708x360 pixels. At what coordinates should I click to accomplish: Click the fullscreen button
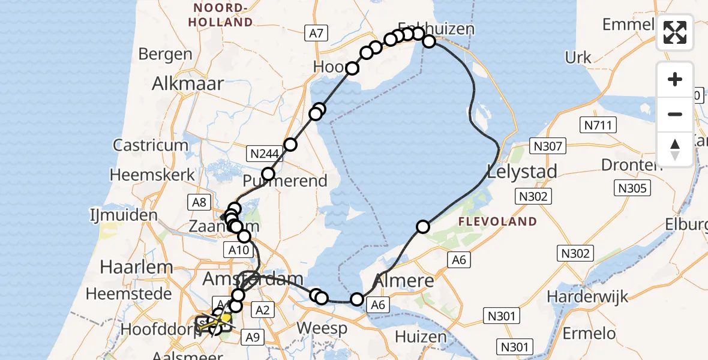click(x=675, y=32)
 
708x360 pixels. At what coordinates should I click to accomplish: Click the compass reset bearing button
click(x=675, y=148)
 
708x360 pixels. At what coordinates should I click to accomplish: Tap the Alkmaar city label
click(x=188, y=83)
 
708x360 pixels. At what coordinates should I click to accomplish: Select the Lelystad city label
click(x=522, y=171)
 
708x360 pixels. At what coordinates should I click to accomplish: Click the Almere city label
click(x=404, y=280)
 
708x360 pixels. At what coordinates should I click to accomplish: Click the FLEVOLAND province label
click(x=497, y=221)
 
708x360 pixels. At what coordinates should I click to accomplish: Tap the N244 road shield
click(x=265, y=154)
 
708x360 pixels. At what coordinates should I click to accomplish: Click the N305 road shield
click(x=633, y=189)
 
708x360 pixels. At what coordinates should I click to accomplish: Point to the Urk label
click(x=578, y=58)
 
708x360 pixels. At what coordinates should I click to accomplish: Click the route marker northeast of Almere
click(x=424, y=226)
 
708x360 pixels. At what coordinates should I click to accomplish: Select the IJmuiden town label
click(x=124, y=215)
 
